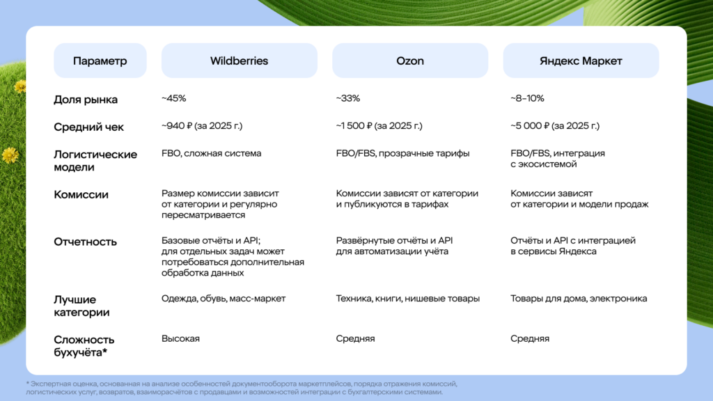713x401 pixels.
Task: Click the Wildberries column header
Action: tap(240, 61)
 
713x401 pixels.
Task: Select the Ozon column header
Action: tap(410, 61)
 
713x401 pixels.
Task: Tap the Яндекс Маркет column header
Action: tap(581, 61)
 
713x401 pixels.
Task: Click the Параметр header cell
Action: tap(100, 61)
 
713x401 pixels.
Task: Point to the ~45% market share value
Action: tap(173, 98)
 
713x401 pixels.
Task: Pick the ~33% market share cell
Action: tap(348, 98)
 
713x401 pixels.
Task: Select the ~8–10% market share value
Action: tap(527, 98)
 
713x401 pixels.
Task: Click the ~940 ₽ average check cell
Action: tap(202, 126)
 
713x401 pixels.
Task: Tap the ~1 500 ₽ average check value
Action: tap(379, 126)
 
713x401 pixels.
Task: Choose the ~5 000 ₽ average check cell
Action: tap(555, 126)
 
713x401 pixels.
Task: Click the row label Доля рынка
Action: tap(86, 100)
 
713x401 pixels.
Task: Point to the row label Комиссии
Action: tap(81, 195)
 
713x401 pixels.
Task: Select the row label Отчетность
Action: tap(85, 242)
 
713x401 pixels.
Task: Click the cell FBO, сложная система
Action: tap(212, 153)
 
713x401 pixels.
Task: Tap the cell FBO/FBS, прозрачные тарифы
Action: tap(403, 153)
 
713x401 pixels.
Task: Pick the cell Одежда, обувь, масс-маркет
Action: tap(224, 299)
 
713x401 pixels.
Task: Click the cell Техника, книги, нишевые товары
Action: tap(408, 299)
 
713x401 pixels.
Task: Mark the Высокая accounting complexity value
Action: tap(180, 339)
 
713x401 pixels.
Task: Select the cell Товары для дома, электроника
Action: tap(579, 299)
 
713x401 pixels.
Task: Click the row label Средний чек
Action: tap(88, 127)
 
